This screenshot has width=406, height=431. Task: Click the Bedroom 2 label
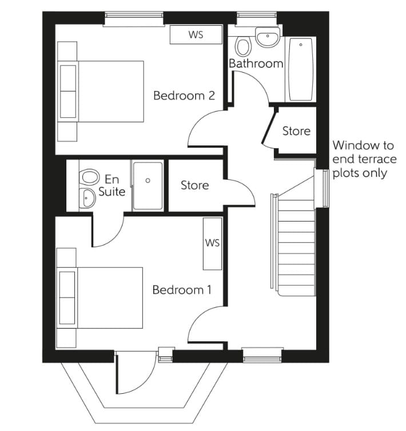click(x=184, y=96)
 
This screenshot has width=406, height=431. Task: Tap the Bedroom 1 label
click(x=181, y=290)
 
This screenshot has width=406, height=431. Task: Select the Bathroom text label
click(x=256, y=64)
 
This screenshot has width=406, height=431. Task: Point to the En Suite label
click(x=112, y=185)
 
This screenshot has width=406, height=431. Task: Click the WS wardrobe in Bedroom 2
click(x=196, y=35)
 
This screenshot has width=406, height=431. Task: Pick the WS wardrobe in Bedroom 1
click(x=212, y=243)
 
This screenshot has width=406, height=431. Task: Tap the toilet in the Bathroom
click(x=244, y=47)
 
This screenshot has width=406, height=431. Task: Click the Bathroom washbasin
click(x=267, y=39)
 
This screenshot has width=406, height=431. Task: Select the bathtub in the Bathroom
click(x=300, y=69)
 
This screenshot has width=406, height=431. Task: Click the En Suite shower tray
click(x=148, y=185)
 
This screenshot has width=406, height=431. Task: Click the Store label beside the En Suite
click(x=194, y=185)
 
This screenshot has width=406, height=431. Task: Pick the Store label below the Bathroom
click(x=296, y=131)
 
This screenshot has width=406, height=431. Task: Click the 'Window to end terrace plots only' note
click(x=364, y=159)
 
